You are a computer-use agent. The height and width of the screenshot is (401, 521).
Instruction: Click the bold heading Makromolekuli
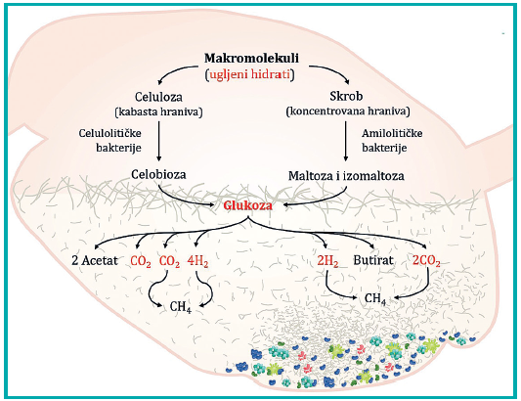251,58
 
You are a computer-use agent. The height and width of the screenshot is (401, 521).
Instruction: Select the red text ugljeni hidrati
250,74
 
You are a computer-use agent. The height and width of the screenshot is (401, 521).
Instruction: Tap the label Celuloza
158,97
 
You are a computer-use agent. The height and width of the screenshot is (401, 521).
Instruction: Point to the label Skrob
346,96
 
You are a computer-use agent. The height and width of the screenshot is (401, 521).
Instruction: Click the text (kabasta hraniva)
158,112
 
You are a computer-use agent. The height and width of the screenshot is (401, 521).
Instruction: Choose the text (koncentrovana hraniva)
348,111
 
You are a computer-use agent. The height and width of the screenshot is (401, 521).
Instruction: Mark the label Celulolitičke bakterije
110,140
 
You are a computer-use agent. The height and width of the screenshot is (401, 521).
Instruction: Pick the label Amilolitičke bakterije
392,140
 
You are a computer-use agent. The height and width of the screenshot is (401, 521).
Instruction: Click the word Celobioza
158,174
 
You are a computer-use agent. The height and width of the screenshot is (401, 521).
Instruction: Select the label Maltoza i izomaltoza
346,176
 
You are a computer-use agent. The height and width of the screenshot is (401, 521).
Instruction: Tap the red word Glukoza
248,205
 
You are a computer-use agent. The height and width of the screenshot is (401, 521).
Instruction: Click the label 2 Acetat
95,260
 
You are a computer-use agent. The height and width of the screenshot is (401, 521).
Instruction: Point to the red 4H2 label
197,261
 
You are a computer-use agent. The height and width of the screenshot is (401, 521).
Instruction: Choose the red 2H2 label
327,261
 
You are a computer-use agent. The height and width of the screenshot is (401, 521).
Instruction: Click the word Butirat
373,260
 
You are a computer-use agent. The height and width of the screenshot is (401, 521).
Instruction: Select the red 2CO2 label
426,261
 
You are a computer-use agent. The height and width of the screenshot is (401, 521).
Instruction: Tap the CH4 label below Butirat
375,299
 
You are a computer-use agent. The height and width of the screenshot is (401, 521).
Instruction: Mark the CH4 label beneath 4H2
181,307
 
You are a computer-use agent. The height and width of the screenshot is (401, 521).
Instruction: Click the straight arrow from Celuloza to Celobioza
158,141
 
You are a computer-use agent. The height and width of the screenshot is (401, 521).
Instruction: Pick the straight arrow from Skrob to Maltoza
346,141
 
